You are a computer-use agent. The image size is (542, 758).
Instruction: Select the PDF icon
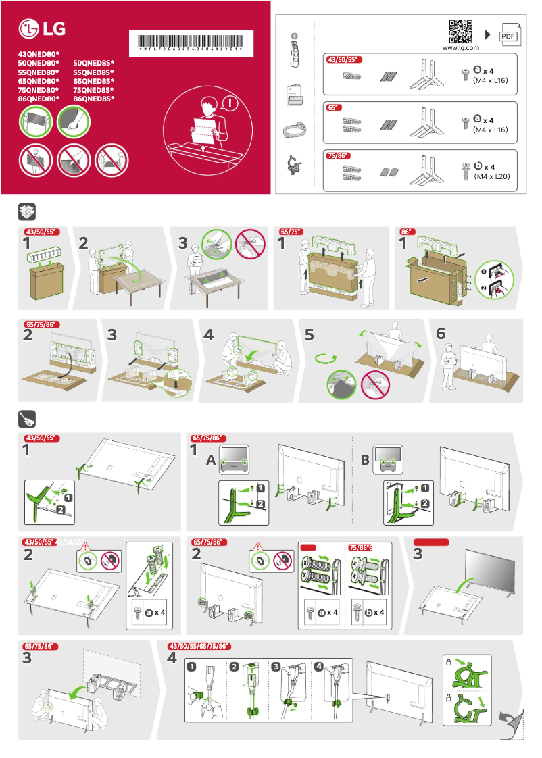click(508, 35)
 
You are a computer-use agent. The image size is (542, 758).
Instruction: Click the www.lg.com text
click(460, 48)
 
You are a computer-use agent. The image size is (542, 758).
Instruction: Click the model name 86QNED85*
click(93, 99)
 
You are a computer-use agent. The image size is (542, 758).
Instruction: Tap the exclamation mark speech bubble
click(232, 104)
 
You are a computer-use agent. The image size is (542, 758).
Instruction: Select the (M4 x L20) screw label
click(491, 176)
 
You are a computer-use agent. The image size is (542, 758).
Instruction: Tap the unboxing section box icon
click(26, 212)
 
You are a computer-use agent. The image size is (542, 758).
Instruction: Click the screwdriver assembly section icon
click(26, 418)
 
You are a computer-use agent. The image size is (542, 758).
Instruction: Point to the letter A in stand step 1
click(211, 461)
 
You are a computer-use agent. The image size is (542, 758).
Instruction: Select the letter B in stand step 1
click(365, 461)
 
